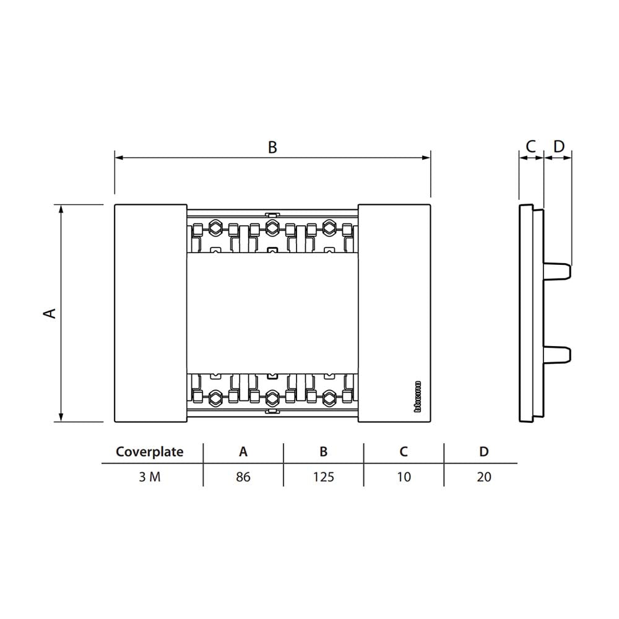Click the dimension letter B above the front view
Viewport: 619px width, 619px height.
click(272, 147)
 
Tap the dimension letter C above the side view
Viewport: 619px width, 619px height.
click(530, 147)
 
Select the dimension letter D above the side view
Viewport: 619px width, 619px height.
click(558, 147)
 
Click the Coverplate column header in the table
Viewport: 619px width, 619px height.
click(150, 452)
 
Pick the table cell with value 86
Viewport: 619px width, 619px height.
click(243, 477)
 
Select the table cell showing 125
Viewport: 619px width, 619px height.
click(323, 477)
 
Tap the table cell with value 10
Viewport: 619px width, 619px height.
click(404, 477)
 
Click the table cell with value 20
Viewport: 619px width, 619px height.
click(484, 477)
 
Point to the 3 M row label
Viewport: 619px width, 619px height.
click(150, 477)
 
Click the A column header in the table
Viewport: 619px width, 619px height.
click(243, 452)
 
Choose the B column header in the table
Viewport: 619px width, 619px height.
click(323, 452)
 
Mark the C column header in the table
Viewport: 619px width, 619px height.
click(404, 452)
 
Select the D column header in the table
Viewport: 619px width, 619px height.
click(484, 452)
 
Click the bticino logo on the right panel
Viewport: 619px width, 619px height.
click(417, 396)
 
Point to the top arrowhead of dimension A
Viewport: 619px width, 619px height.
click(61, 209)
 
